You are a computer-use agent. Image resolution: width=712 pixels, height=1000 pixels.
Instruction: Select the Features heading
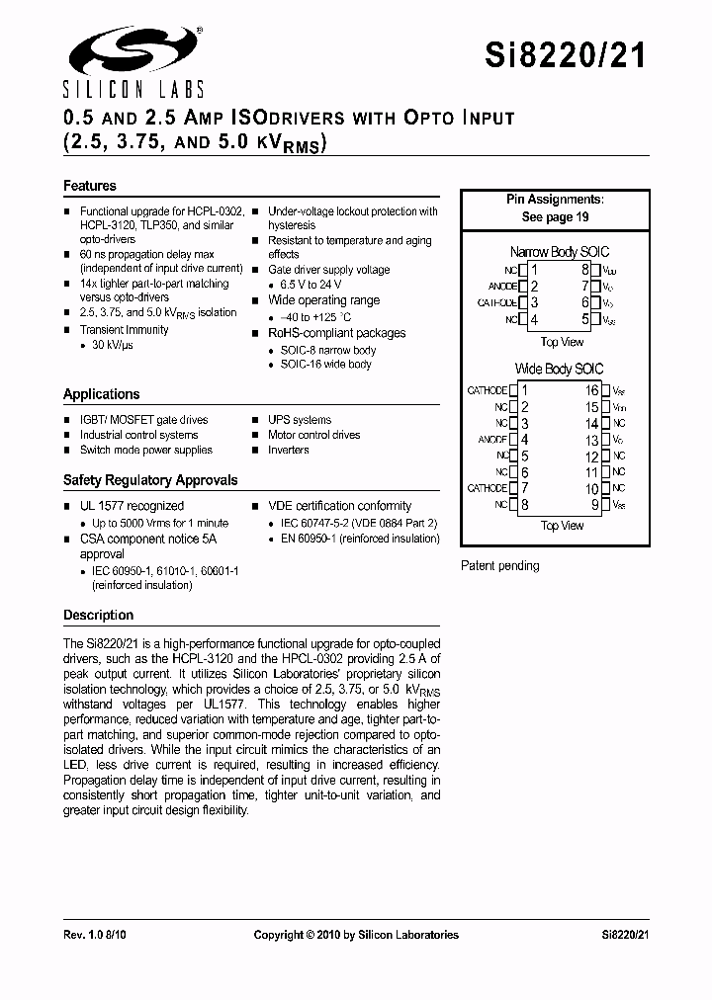[90, 186]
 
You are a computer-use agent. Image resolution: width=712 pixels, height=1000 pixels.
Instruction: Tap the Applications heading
[101, 394]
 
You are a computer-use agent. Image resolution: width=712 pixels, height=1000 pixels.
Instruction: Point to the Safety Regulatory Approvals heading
[150, 480]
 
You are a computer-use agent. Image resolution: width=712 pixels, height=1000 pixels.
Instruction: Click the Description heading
[98, 615]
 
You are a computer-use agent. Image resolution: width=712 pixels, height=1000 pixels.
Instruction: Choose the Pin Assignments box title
[555, 200]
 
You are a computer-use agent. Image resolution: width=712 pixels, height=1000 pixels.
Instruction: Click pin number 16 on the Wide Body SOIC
[591, 390]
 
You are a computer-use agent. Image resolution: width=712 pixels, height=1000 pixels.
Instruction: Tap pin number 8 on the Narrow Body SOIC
[585, 270]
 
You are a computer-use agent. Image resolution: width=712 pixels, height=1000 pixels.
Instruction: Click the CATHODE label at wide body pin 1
[487, 390]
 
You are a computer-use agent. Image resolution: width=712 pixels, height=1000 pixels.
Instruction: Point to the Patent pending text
[500, 566]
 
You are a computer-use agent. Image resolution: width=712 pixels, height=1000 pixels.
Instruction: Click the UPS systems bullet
[300, 420]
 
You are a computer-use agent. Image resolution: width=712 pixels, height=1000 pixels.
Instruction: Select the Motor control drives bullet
[313, 435]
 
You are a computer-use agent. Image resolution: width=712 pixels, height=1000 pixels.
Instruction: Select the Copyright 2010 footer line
[356, 934]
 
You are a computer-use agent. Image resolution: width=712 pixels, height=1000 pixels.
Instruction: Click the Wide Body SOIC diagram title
[559, 369]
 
